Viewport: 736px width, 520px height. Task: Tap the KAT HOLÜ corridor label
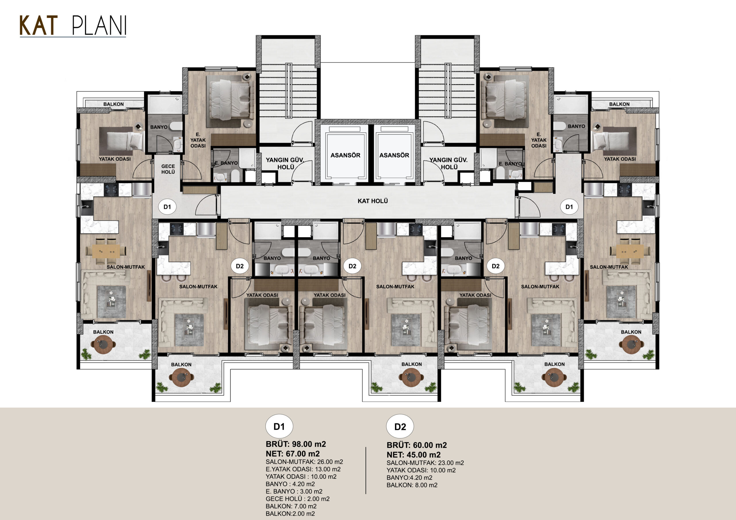pyautogui.click(x=373, y=201)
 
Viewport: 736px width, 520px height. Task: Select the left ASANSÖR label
pyautogui.click(x=345, y=155)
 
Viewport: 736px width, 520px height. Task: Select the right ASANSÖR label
pyautogui.click(x=394, y=155)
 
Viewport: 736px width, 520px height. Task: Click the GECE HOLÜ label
pyautogui.click(x=168, y=169)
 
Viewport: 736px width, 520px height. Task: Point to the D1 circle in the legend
pyautogui.click(x=279, y=426)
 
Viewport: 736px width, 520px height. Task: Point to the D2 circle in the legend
pyautogui.click(x=400, y=427)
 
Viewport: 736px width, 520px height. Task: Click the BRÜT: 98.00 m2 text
pyautogui.click(x=296, y=444)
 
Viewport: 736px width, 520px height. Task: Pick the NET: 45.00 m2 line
pyautogui.click(x=413, y=454)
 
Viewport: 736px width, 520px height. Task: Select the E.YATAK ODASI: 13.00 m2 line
pyautogui.click(x=303, y=469)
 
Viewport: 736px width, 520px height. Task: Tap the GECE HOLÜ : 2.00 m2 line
pyautogui.click(x=298, y=499)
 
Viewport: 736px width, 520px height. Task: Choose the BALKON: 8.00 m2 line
pyautogui.click(x=412, y=485)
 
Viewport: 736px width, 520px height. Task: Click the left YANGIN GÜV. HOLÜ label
pyautogui.click(x=285, y=163)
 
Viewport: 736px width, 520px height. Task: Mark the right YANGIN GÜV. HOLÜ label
pyautogui.click(x=448, y=163)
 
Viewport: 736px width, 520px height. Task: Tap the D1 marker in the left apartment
pyautogui.click(x=167, y=207)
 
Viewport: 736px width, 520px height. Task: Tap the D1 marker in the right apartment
pyautogui.click(x=569, y=207)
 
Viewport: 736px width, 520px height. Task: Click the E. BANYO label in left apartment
pyautogui.click(x=226, y=163)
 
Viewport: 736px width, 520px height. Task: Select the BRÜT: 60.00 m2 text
pyautogui.click(x=417, y=445)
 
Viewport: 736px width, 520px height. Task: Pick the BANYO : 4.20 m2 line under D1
pyautogui.click(x=290, y=484)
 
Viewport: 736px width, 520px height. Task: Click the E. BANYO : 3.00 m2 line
pyautogui.click(x=294, y=492)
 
